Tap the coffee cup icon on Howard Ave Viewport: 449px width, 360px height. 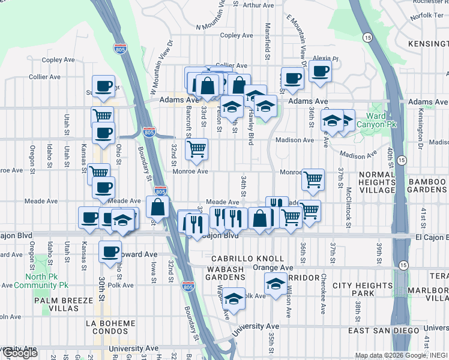[109, 252]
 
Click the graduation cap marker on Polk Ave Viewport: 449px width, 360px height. [234, 298]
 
